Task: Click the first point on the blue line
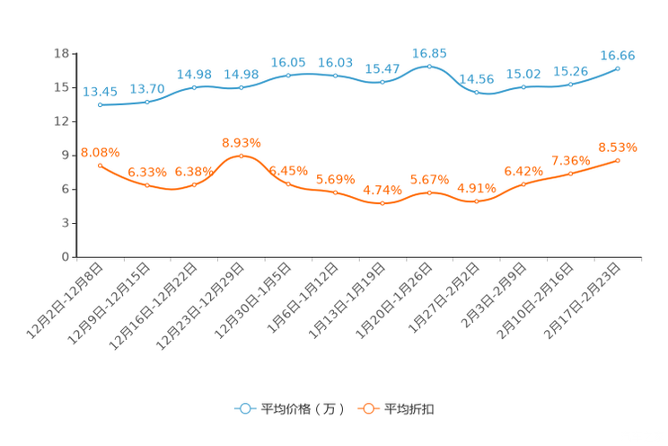click(x=100, y=104)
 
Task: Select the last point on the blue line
click(x=618, y=68)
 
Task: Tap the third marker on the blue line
click(x=195, y=87)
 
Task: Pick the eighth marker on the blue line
click(x=429, y=67)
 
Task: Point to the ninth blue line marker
click(x=476, y=92)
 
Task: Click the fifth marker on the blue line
click(x=288, y=75)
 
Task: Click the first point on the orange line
click(x=100, y=165)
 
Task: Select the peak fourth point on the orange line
click(x=242, y=156)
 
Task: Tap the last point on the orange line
click(x=618, y=160)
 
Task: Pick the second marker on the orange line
click(x=147, y=185)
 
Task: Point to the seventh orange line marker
click(x=382, y=203)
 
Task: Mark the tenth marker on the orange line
click(x=523, y=184)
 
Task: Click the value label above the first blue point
click(x=100, y=91)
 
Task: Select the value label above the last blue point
click(x=618, y=56)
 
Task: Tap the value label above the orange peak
click(x=242, y=143)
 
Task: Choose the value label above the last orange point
click(x=618, y=147)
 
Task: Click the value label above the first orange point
click(x=100, y=151)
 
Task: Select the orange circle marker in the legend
click(x=367, y=409)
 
